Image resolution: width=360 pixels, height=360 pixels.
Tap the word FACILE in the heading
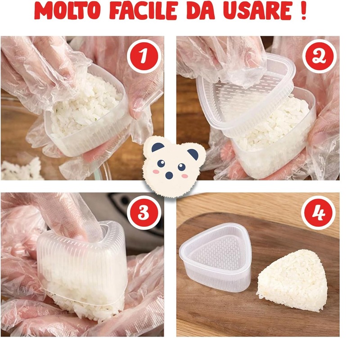[x=143, y=11]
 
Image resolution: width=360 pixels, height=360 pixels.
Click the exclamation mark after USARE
[x=303, y=11]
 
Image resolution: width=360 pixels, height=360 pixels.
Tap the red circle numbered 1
[x=144, y=56]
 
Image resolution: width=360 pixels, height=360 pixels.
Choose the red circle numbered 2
[x=319, y=56]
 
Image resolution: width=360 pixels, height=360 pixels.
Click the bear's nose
[x=169, y=175]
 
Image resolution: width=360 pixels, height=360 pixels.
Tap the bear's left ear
[x=158, y=147]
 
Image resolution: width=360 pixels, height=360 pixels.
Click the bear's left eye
[x=161, y=163]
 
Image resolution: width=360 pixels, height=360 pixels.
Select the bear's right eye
[x=182, y=167]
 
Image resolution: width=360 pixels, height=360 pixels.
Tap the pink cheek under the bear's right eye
[x=184, y=176]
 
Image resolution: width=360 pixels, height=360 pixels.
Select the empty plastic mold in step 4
[x=216, y=257]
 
